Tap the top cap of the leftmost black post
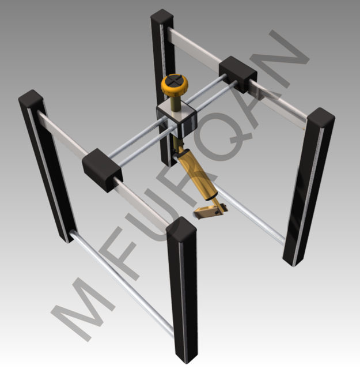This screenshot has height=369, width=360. (31, 99)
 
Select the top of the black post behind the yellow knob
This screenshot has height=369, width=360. (161, 17)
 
